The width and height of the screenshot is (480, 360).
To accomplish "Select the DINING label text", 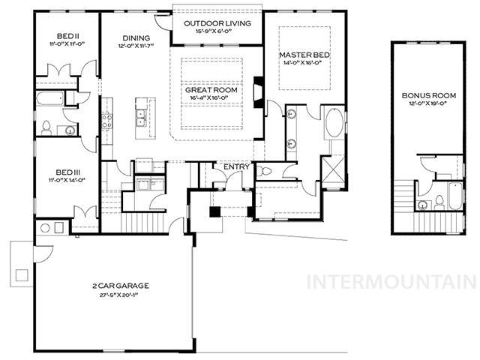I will tap(136, 38).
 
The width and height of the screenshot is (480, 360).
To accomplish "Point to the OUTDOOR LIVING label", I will tap(217, 22).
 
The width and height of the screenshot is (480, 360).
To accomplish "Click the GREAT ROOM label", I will tap(211, 90).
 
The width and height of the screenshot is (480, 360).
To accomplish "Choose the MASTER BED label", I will tap(301, 55).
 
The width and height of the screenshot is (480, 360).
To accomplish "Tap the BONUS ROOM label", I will tap(428, 96).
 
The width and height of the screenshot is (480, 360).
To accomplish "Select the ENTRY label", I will tap(237, 166).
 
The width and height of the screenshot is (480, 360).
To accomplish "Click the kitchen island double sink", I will tap(140, 116).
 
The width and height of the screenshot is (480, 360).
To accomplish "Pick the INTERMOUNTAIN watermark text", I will tap(392, 282).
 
